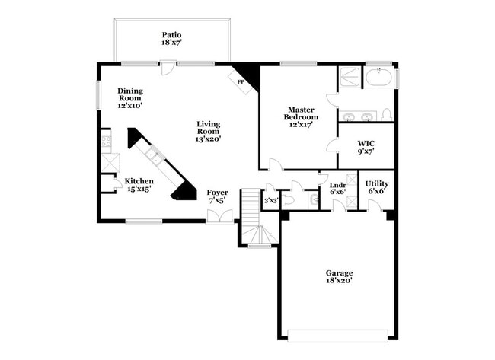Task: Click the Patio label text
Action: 171,39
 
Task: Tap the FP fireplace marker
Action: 241,81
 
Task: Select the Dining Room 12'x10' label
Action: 129,98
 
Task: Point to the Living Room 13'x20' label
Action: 208,131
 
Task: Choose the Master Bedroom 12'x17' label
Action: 301,117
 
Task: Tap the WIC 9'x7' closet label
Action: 366,148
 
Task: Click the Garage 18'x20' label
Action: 339,276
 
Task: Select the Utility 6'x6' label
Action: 377,187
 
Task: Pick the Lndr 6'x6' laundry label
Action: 338,188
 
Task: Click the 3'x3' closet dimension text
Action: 270,201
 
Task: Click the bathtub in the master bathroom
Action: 378,78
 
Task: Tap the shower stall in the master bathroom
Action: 350,78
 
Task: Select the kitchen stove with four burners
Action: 106,139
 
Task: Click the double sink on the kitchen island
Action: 154,158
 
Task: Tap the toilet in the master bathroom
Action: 386,115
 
